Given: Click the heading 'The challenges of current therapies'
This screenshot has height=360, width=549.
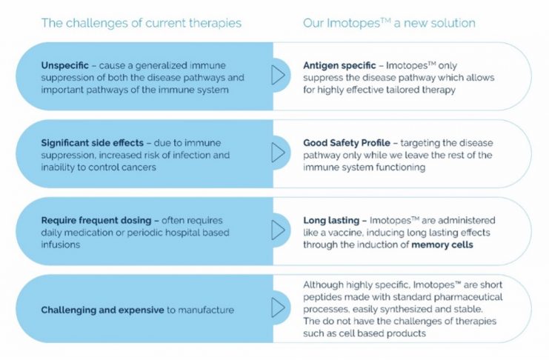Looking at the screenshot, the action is (142, 23).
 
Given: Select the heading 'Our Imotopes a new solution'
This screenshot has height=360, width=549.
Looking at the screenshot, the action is (389, 23).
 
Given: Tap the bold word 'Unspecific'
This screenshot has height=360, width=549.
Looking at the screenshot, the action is (64, 65).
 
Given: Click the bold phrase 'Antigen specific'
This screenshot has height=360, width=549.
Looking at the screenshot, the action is (339, 65).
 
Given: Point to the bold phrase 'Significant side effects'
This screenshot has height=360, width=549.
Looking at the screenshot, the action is (92, 143).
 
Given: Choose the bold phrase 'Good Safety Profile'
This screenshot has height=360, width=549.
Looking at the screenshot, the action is (346, 143).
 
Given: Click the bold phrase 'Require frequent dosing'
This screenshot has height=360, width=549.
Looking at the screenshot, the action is (96, 220).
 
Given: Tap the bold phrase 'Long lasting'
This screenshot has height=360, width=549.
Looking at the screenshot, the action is (331, 220).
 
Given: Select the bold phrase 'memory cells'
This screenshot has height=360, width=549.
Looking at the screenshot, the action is (442, 244).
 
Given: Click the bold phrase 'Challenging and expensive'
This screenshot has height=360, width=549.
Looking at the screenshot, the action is (102, 310).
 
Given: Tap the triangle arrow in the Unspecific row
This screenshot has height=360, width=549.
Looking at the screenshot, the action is (278, 75).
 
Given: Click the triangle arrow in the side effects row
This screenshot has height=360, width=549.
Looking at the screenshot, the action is (278, 153).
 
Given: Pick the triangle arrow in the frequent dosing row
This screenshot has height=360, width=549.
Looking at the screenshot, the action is (278, 230).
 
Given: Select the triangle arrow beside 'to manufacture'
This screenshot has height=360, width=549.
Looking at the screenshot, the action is (278, 307).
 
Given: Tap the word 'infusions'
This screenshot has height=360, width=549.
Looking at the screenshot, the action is (61, 244).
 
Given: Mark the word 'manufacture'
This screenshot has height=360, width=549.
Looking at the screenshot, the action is (206, 310).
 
